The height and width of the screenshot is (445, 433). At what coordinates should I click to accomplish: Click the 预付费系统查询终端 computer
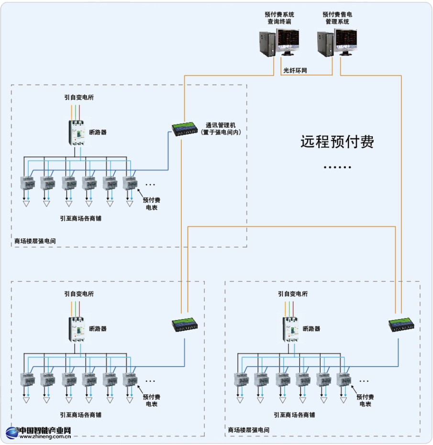280,42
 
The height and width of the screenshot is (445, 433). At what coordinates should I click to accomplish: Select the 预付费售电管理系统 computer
337,42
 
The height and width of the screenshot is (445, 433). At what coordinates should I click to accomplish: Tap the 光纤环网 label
295,71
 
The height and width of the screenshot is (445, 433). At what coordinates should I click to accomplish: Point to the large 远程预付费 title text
337,141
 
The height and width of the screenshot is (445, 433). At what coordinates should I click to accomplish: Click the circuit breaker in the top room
77,132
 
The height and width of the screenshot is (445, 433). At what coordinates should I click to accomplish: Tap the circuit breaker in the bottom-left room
77,329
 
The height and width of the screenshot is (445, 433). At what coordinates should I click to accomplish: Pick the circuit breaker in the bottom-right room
290,329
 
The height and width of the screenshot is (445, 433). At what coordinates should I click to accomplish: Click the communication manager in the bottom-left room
186,325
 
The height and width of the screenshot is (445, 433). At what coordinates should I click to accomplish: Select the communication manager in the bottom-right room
400,325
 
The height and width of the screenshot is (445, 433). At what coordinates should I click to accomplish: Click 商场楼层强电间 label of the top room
35,241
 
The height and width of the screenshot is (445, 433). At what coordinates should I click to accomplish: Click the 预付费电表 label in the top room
152,204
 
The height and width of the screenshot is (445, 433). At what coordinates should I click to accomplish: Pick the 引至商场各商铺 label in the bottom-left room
81,415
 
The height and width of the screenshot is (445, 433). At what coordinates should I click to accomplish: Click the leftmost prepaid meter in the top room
26,184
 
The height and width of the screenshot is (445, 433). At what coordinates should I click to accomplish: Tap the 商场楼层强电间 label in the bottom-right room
249,430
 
